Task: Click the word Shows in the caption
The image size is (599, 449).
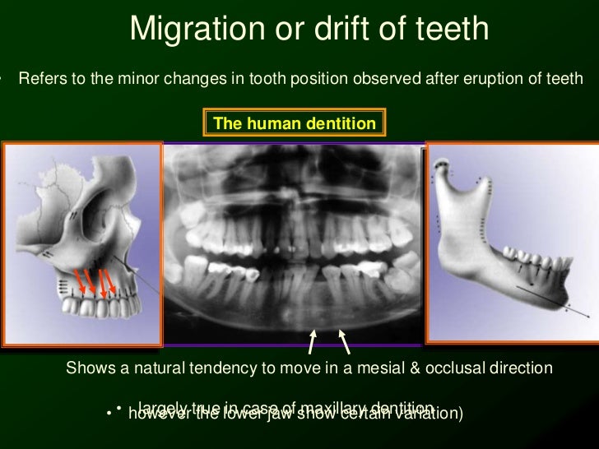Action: coord(87,368)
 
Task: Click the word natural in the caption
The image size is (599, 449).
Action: coord(161,368)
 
